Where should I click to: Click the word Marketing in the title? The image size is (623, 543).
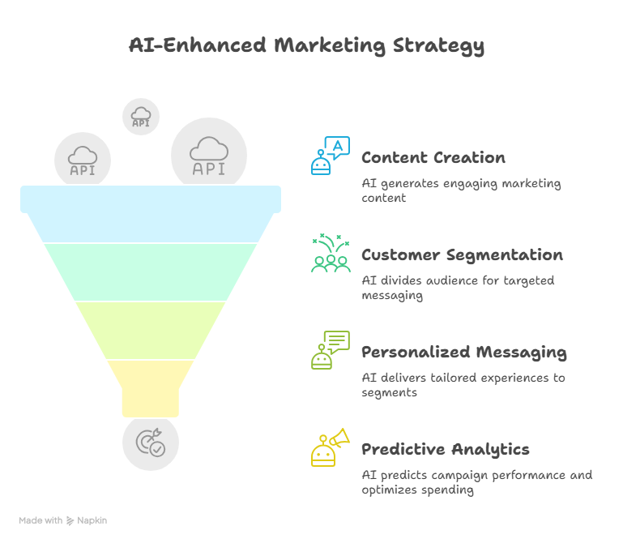click(x=330, y=45)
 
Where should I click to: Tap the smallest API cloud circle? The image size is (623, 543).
click(x=141, y=117)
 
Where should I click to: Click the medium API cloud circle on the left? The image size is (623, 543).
click(x=83, y=160)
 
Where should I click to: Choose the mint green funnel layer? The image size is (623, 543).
click(x=151, y=272)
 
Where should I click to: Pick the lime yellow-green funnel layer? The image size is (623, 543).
click(x=151, y=331)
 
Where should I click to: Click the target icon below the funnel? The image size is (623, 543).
click(x=151, y=443)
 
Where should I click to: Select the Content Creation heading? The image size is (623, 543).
click(x=433, y=158)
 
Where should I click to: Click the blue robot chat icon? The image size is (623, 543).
click(x=331, y=156)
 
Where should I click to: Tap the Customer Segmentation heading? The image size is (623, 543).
click(x=462, y=255)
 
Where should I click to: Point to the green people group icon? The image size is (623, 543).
click(x=331, y=253)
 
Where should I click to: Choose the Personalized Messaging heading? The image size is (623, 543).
click(x=464, y=353)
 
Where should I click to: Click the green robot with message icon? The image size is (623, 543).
click(x=331, y=350)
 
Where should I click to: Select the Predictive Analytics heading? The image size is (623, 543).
click(x=446, y=450)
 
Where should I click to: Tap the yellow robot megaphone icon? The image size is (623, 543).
click(x=331, y=447)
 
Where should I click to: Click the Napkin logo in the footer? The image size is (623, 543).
click(x=87, y=521)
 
